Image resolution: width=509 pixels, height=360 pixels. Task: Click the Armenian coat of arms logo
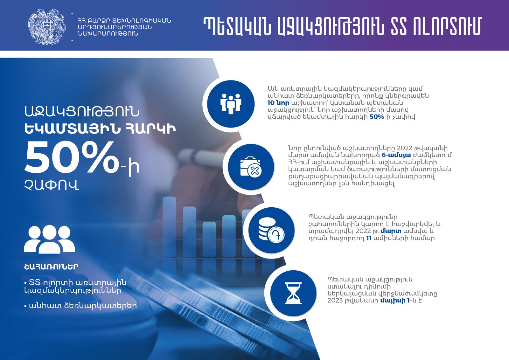47,27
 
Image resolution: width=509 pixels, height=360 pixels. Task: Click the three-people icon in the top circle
231,104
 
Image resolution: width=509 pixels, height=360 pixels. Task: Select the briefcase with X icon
251,167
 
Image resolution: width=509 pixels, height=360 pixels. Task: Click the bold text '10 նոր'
278,103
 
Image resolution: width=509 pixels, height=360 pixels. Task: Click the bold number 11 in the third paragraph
369,238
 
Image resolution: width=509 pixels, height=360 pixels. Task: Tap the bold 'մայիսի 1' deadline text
395,300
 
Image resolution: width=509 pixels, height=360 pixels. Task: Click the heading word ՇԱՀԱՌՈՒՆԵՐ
51,267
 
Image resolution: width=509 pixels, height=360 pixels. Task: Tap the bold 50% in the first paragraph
377,117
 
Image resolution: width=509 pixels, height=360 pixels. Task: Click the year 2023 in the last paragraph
335,300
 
